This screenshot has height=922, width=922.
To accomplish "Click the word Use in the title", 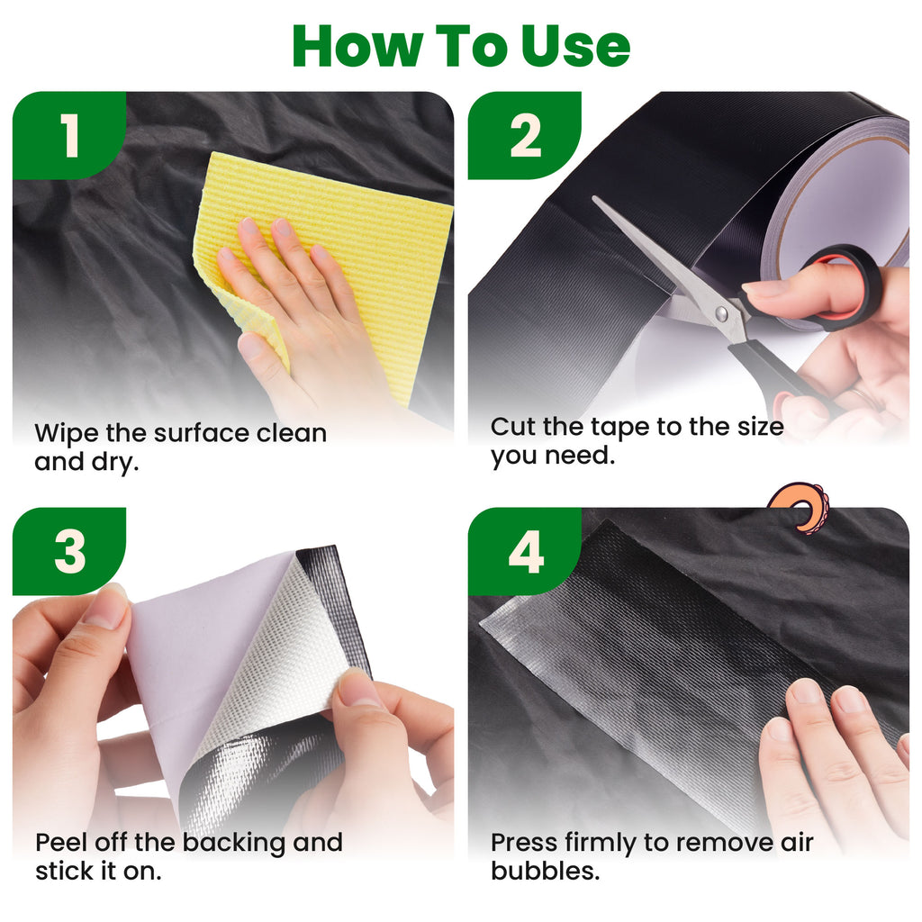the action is [x=575, y=47].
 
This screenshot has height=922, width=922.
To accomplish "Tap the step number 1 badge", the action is [x=69, y=135].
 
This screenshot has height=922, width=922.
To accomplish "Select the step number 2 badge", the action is [x=525, y=135].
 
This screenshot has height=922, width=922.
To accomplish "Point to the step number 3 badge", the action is [x=69, y=552].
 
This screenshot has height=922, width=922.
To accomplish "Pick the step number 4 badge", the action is [x=525, y=552].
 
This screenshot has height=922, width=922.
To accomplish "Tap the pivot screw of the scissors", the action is [x=721, y=313].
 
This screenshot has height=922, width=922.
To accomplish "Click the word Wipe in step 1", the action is [x=67, y=434].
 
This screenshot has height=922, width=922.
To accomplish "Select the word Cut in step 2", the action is [x=513, y=427].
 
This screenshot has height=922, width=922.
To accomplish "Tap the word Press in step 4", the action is [x=524, y=843].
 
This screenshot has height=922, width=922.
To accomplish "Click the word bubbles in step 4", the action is [x=545, y=871].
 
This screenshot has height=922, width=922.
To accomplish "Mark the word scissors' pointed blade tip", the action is [x=593, y=198].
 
